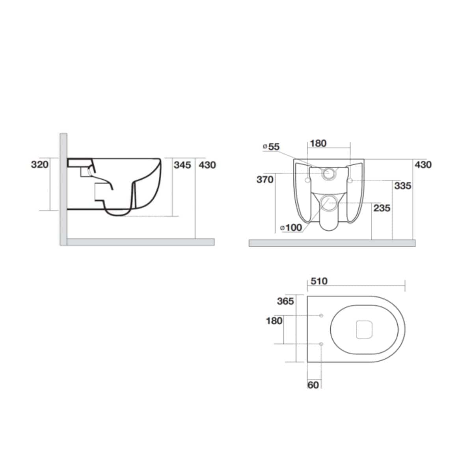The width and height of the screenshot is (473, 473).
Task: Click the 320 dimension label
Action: click(x=39, y=164)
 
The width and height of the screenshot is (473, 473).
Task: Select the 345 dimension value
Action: click(x=182, y=165)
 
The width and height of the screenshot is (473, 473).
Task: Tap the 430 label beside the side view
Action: click(x=207, y=165)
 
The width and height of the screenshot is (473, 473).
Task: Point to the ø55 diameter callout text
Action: click(x=271, y=147)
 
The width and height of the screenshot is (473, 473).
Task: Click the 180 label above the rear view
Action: click(x=318, y=143)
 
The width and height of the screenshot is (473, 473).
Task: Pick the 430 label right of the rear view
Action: click(x=423, y=164)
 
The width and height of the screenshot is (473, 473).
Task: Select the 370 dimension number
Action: click(x=265, y=180)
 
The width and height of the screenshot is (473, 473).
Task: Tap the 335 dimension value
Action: click(x=402, y=186)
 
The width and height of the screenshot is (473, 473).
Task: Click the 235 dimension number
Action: click(x=382, y=208)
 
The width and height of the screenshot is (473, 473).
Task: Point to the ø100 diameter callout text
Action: click(x=291, y=227)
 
